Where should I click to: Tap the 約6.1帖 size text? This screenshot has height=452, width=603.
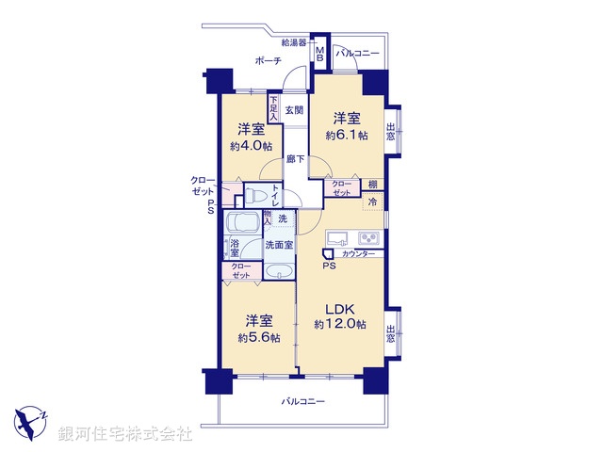[346, 135]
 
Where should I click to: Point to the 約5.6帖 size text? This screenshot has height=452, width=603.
[257, 336]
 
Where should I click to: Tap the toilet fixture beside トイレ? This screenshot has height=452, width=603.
[256, 196]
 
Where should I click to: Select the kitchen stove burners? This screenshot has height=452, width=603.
[368, 236]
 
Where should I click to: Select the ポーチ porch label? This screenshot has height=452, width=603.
[270, 60]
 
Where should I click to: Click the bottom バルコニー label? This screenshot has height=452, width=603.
[302, 402]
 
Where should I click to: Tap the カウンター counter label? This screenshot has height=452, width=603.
[358, 255]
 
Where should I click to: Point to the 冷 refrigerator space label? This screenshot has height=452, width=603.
[373, 201]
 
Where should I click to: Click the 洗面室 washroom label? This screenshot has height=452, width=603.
[279, 245]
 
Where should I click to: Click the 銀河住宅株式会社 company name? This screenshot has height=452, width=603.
[125, 434]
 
